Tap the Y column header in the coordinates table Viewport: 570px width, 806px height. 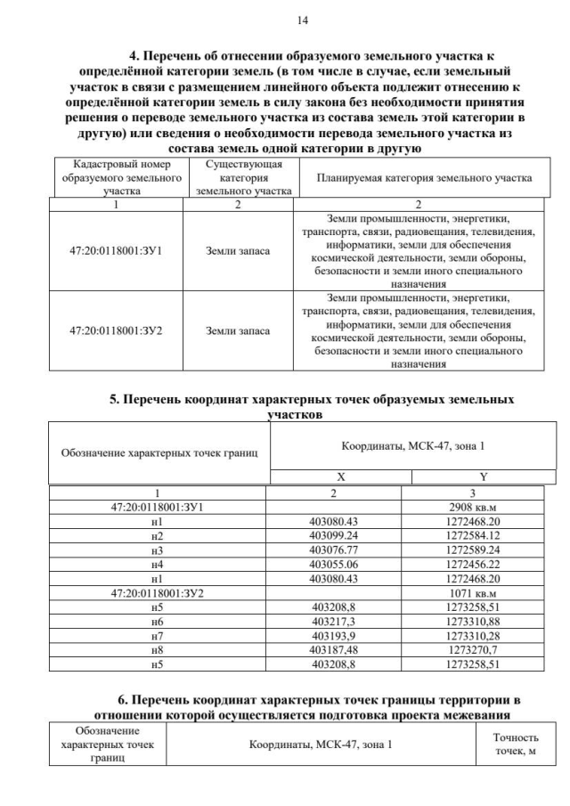pyautogui.click(x=482, y=476)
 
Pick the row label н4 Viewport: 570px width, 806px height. pyautogui.click(x=158, y=564)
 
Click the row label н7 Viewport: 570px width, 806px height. pyautogui.click(x=158, y=635)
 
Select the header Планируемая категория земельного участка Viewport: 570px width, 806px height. pyautogui.click(x=424, y=178)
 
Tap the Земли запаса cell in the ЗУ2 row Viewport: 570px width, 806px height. pyautogui.click(x=238, y=330)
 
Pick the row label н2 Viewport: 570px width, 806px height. pyautogui.click(x=158, y=535)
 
